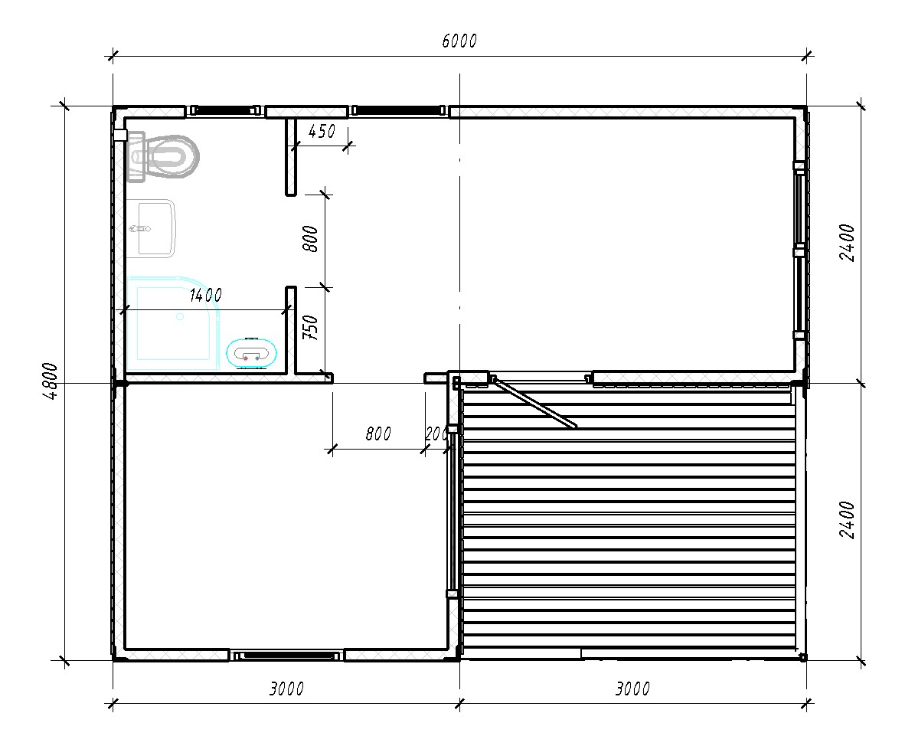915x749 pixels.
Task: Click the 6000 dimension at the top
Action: (459, 41)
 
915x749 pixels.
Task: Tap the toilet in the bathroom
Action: (162, 157)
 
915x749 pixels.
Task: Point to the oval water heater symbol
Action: (252, 353)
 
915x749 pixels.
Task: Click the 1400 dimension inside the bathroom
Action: (205, 296)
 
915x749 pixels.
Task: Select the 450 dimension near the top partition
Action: (322, 132)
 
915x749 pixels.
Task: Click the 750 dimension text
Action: (311, 328)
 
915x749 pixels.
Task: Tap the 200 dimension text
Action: (436, 433)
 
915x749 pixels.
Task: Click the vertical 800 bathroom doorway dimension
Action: (311, 239)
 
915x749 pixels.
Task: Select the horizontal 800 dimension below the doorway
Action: (378, 433)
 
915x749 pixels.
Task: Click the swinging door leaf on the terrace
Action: (534, 403)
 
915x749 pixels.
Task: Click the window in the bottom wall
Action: (286, 656)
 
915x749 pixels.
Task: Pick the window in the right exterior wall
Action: (799, 250)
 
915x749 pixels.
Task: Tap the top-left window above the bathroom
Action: (225, 110)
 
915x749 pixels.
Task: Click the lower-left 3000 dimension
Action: (286, 688)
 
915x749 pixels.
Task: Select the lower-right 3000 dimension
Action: (632, 688)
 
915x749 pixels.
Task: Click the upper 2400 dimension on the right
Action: (847, 243)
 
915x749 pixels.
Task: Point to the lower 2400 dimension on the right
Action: (847, 519)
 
